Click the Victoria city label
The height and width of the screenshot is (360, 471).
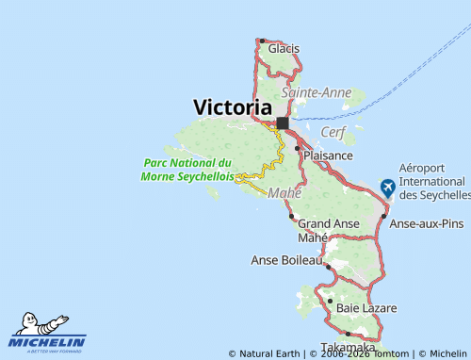232,107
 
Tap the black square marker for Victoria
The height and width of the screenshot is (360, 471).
282,123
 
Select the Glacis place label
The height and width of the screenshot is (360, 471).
284,48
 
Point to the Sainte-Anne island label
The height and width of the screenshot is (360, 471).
317,92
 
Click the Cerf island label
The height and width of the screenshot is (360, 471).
334,131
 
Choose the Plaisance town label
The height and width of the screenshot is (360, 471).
329,155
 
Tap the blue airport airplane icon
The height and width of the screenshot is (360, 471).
387,188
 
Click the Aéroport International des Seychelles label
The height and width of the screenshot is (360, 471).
434,181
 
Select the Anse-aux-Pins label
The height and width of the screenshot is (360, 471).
427,223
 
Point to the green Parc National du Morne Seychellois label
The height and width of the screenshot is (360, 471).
187,169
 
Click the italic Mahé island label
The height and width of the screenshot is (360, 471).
284,193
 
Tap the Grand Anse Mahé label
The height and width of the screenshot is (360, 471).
329,230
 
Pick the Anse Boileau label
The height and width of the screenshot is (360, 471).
286,259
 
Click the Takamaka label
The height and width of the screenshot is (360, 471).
341,346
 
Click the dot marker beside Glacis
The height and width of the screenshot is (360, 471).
261,41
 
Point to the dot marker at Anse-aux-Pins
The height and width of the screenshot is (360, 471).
384,217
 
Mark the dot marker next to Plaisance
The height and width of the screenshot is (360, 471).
298,148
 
